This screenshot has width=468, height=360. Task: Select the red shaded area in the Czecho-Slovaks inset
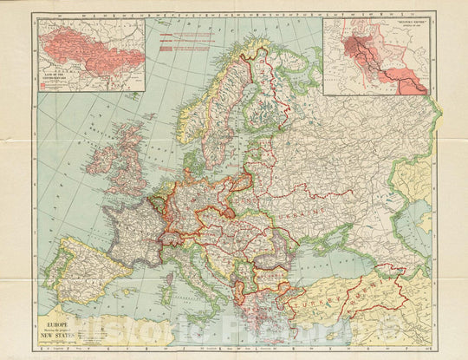click(78, 48)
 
